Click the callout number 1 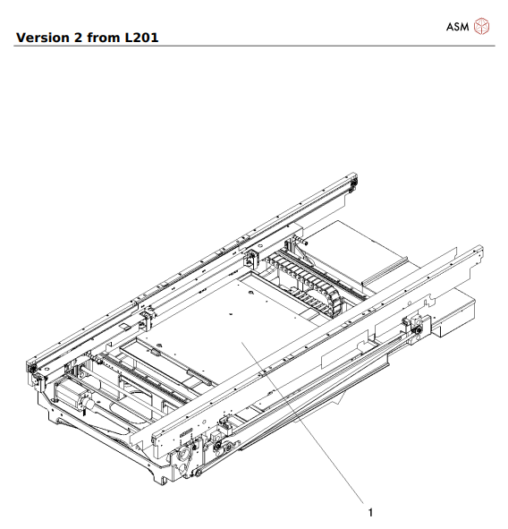pyautogui.click(x=370, y=512)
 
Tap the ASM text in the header pyautogui.click(x=457, y=26)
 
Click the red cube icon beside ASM pyautogui.click(x=482, y=26)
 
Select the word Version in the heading pyautogui.click(x=45, y=38)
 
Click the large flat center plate pyautogui.click(x=233, y=331)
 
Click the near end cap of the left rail pyautogui.click(x=33, y=370)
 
